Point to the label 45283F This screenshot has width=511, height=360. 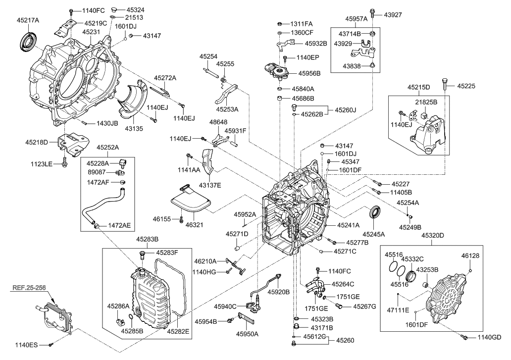pos(167,253)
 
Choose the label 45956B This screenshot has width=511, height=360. pos(309,73)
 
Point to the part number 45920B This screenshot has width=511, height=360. pos(279,292)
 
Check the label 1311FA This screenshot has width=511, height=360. pos(302,24)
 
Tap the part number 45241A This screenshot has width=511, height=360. pos(350,225)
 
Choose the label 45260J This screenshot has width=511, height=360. pos(346,109)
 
